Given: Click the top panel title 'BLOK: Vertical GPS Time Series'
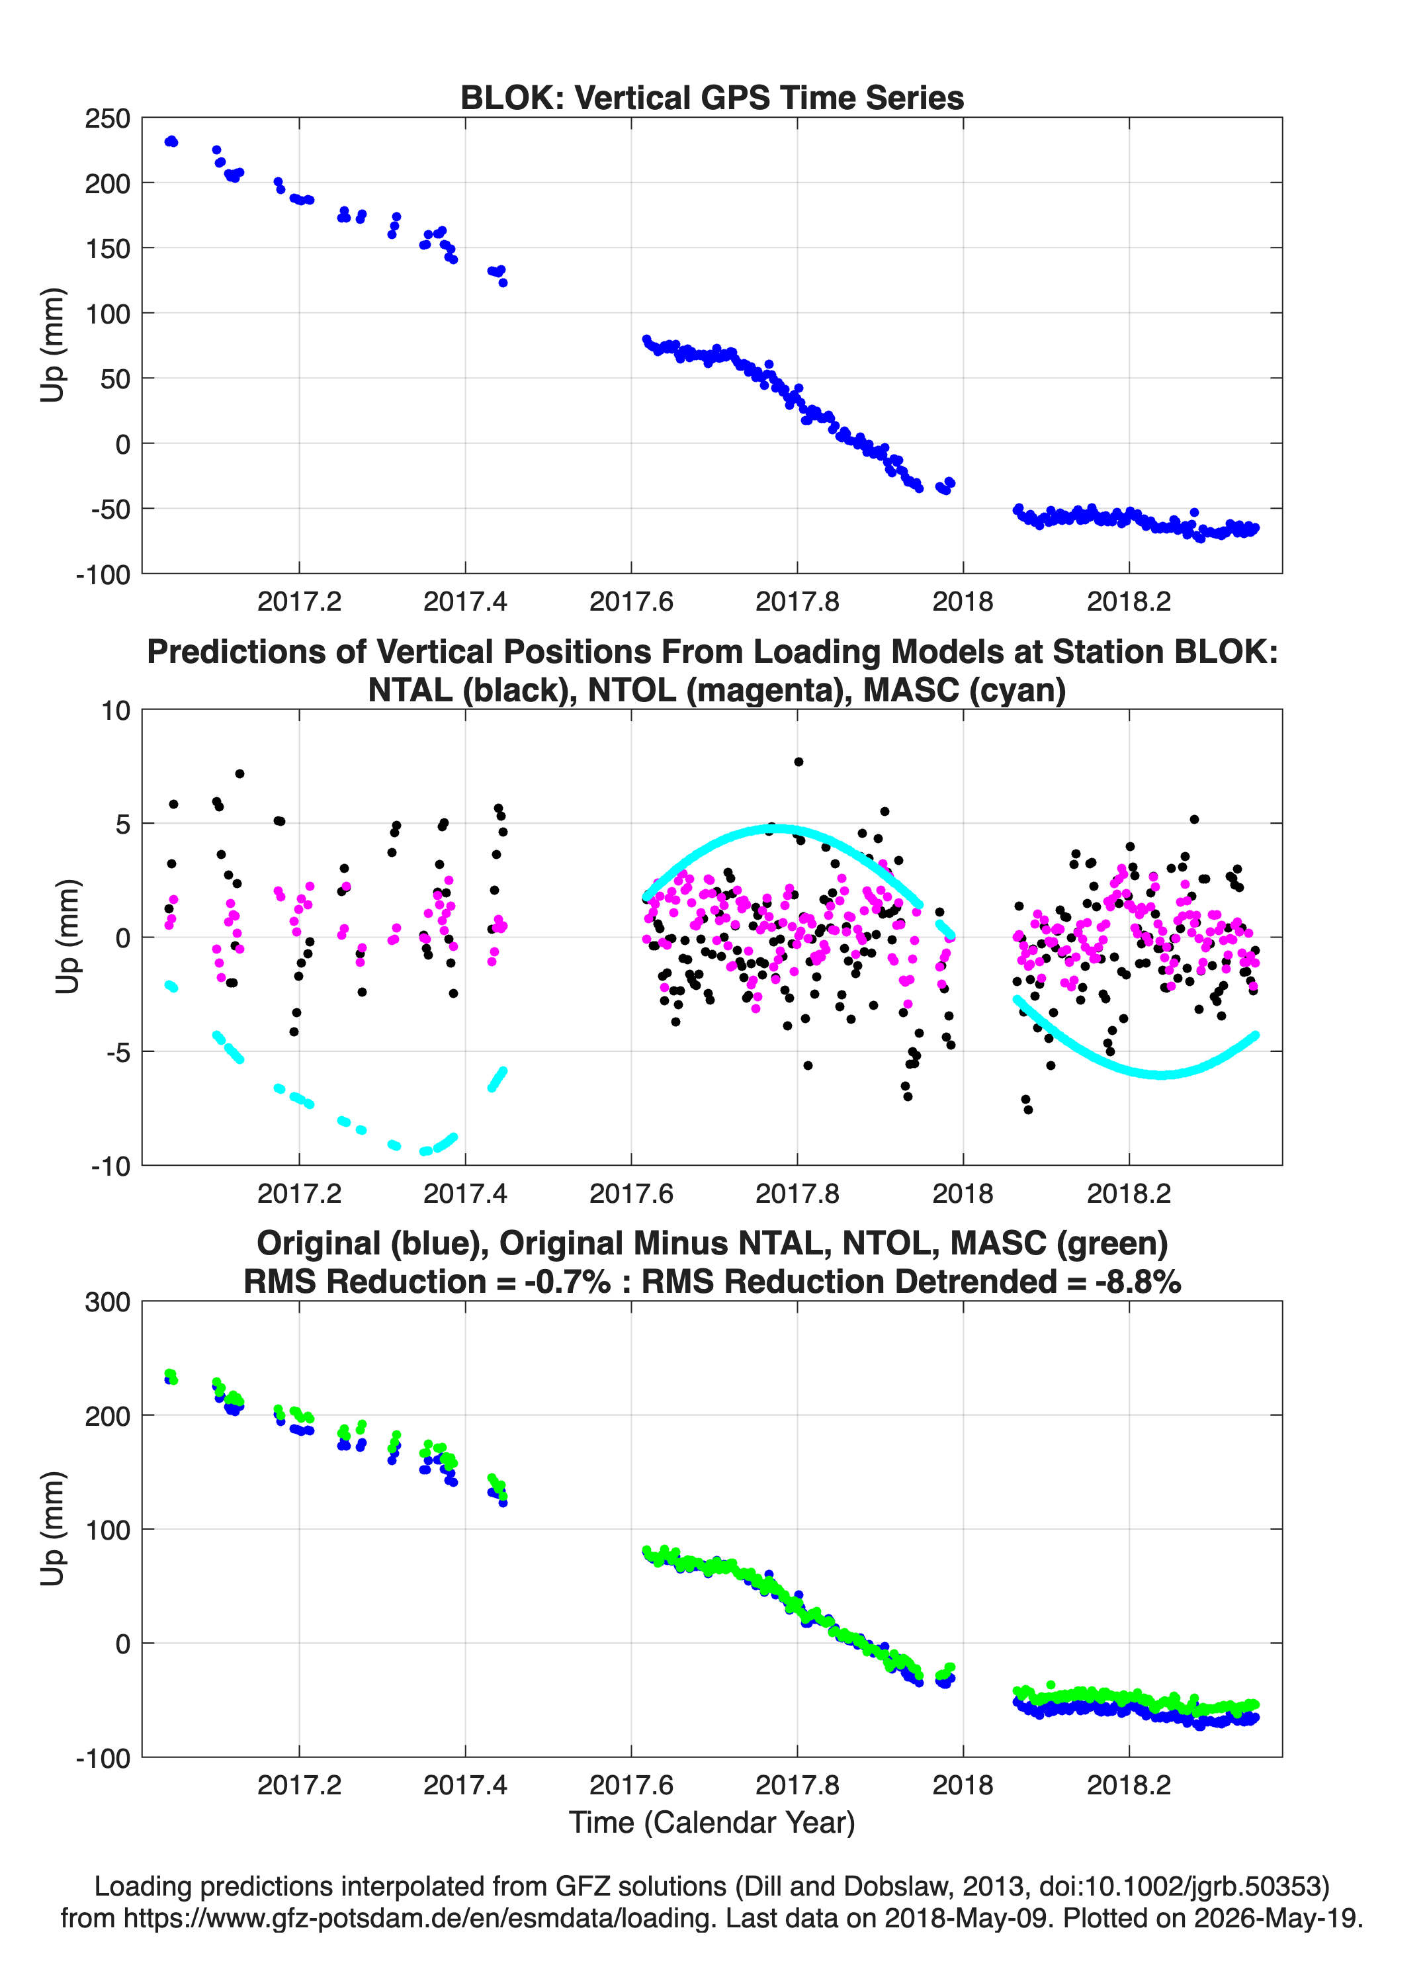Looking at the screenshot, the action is [x=712, y=97].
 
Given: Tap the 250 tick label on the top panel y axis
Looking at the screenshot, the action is [x=107, y=118].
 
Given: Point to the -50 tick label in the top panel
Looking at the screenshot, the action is [x=110, y=509].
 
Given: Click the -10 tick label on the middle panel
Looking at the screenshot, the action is [x=110, y=1166].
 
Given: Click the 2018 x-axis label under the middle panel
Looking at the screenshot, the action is [x=963, y=1194].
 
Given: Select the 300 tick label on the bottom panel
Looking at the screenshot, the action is [x=107, y=1302].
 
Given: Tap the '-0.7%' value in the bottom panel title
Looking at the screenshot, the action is [x=567, y=1282].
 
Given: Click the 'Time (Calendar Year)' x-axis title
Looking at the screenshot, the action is [x=712, y=1823].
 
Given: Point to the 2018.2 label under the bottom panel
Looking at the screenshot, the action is [x=1129, y=1785].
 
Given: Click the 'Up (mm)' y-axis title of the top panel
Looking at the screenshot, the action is [x=52, y=345].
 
